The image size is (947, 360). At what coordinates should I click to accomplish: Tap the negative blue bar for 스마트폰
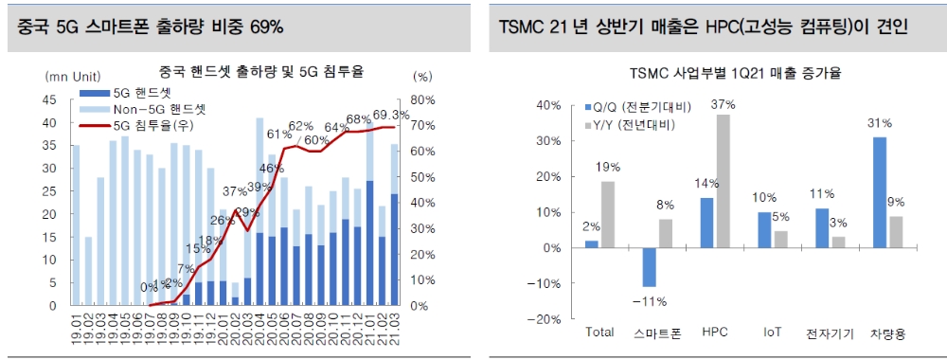click(649, 267)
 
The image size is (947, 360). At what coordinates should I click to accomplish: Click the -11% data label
click(650, 301)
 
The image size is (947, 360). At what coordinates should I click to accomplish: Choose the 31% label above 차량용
click(880, 124)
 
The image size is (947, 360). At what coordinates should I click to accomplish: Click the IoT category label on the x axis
click(772, 333)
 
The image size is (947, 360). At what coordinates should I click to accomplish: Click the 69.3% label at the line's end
click(390, 116)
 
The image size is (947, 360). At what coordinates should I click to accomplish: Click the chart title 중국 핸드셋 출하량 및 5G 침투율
click(261, 71)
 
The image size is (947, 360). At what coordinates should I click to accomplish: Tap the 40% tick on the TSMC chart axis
click(548, 104)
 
